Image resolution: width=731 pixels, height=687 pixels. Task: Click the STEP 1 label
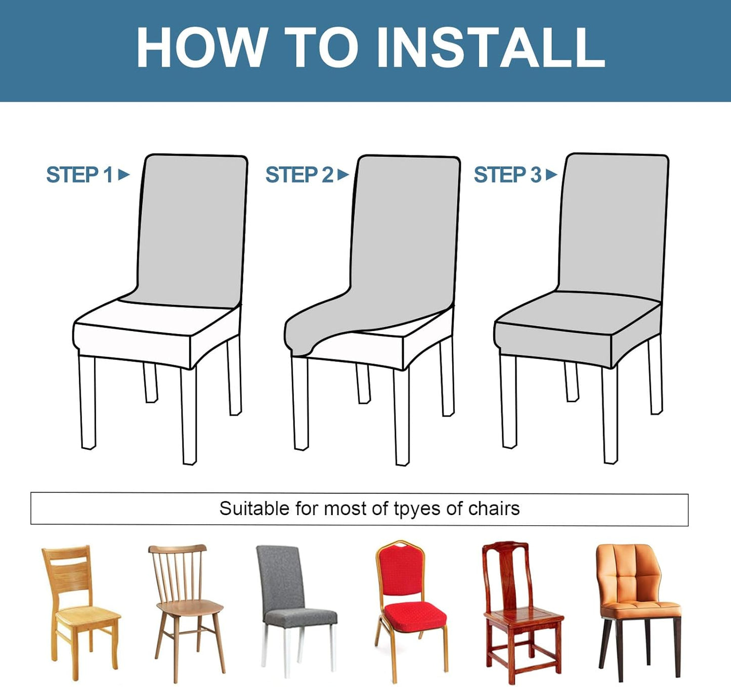(79, 175)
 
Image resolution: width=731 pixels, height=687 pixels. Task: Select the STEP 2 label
(299, 175)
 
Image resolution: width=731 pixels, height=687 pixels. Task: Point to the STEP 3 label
(507, 175)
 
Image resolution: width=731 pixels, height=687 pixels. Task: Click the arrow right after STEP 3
(551, 175)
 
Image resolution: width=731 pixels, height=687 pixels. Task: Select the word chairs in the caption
(494, 509)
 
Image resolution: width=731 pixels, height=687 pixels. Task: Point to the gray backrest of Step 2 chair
(405, 227)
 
